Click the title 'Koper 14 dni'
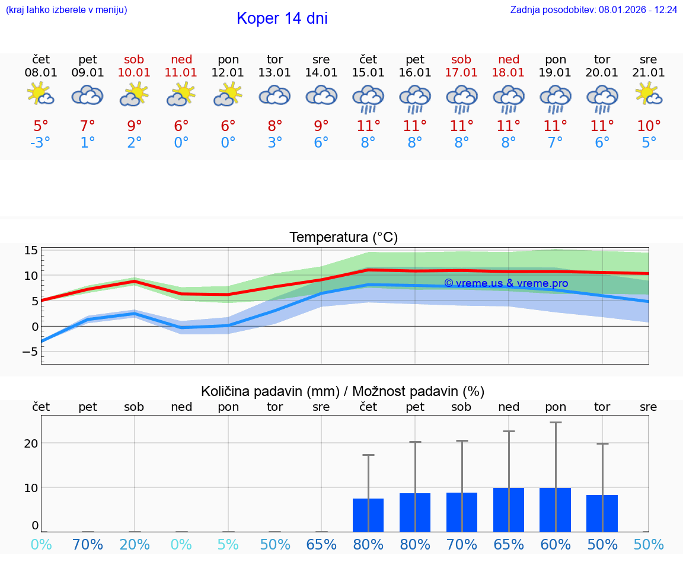[x=282, y=18]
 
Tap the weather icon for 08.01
[x=41, y=95]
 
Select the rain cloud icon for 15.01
[x=368, y=98]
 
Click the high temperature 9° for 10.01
[x=135, y=126]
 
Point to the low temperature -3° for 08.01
[x=41, y=143]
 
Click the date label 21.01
[x=649, y=72]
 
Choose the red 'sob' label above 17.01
[x=461, y=59]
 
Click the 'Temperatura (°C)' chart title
[x=343, y=238]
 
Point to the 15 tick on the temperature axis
[x=31, y=251]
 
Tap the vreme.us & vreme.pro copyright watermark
[x=506, y=283]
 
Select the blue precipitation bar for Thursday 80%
[x=368, y=515]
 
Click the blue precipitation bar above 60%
[x=555, y=510]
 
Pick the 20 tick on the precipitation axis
[x=31, y=443]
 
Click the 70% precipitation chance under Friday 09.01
[x=88, y=544]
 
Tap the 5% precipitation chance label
[x=228, y=544]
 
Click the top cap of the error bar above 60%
[x=556, y=423]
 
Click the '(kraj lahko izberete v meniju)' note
[x=66, y=10]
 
